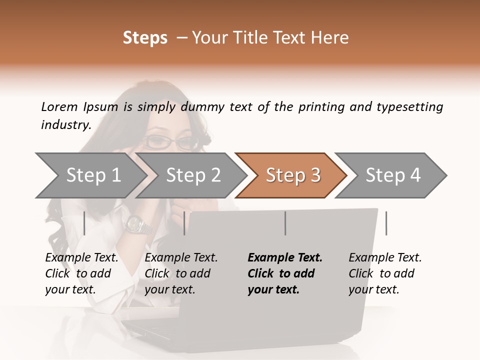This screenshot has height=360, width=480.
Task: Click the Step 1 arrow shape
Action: coord(90,175)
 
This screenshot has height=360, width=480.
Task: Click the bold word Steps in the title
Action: coord(145,37)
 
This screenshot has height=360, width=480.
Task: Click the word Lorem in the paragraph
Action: coord(59,106)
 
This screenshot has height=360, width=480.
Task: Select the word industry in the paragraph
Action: coord(65,124)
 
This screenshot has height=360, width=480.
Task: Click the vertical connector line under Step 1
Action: coord(84,223)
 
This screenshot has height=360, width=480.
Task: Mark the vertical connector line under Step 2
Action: coord(184,223)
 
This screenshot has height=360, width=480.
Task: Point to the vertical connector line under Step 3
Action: coord(285,223)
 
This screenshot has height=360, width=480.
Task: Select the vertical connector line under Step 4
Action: coord(386,223)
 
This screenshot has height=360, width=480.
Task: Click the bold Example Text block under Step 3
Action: coord(284,273)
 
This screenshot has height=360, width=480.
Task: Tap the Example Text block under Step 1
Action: coord(81,273)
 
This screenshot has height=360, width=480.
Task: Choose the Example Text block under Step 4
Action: coord(385,273)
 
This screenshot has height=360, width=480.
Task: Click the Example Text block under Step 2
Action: coord(181,273)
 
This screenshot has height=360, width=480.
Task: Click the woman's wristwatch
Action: coord(137,225)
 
